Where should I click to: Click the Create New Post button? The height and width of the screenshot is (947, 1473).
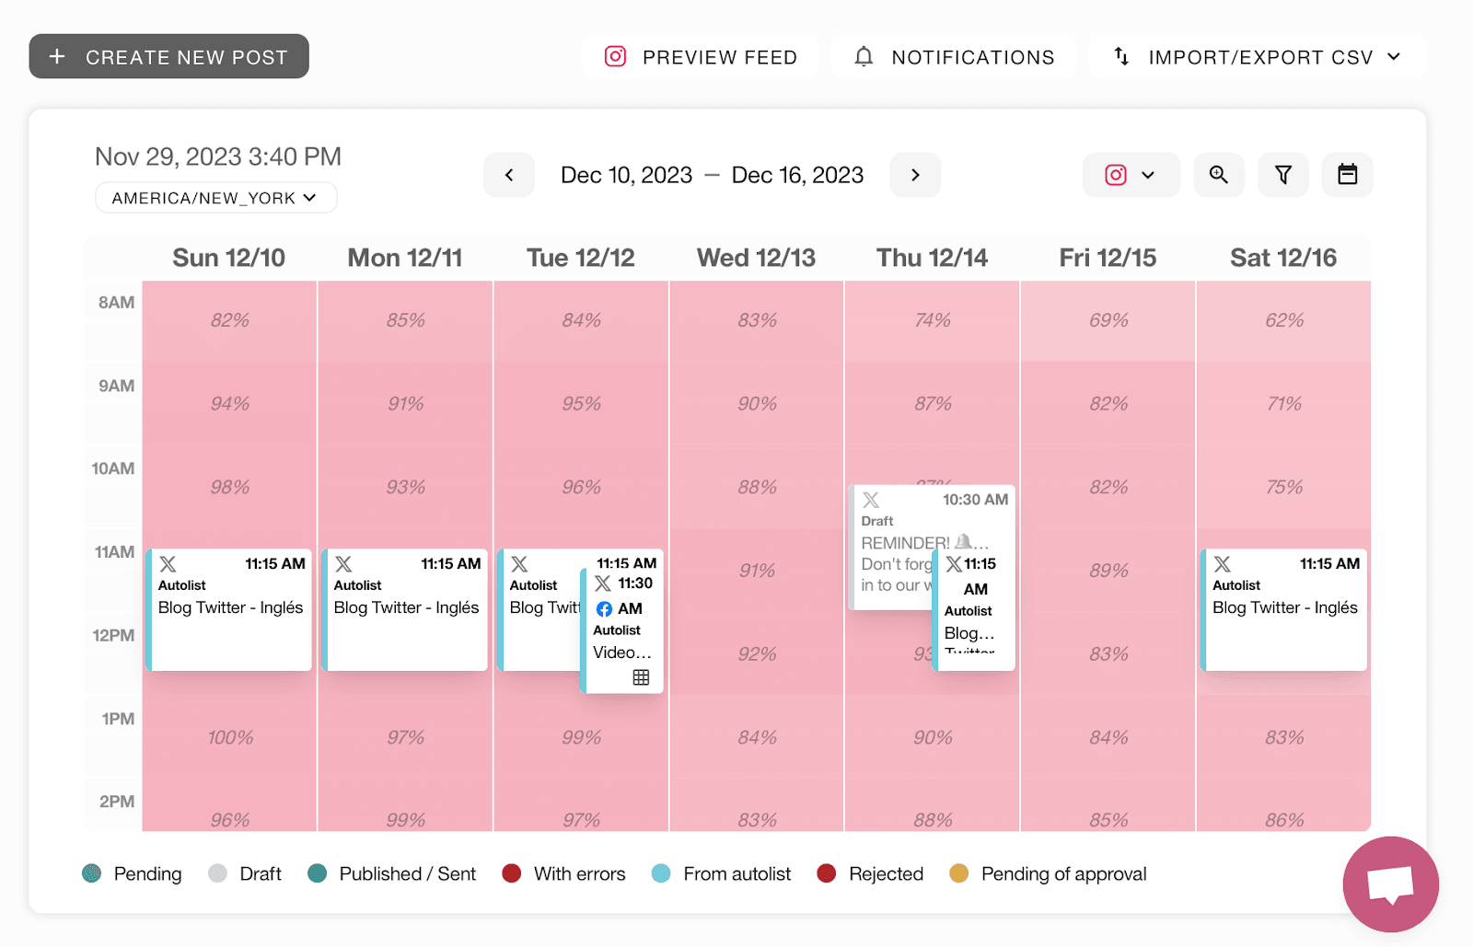168,57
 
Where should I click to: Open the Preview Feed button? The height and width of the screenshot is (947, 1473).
700,57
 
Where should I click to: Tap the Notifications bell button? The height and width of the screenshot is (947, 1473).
954,57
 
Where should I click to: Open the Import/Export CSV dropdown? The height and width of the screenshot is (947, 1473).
1257,57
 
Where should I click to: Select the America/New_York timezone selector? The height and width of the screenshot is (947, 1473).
215,198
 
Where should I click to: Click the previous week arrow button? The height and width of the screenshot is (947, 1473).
509,175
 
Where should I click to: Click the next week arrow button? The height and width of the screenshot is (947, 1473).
915,175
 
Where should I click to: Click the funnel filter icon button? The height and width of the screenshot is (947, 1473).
1282,175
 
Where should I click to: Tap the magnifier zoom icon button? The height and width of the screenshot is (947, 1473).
1218,175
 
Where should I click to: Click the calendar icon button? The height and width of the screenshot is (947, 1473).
1347,175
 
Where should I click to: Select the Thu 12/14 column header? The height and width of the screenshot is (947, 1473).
932,258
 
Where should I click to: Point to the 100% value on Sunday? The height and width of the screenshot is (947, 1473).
230,737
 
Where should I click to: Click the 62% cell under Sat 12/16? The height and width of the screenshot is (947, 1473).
1283,320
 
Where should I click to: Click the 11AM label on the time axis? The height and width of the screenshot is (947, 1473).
114,552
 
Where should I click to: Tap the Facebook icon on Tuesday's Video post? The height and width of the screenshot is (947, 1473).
604,609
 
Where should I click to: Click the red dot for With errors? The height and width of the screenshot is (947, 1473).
512,873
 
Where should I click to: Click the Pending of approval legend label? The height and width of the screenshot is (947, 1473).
1063,873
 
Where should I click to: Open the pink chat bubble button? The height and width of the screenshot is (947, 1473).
1390,884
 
